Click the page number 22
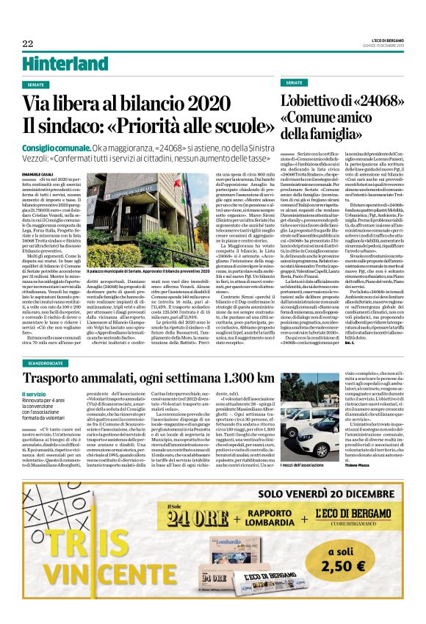pos(27,43)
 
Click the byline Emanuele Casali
pos(36,173)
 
